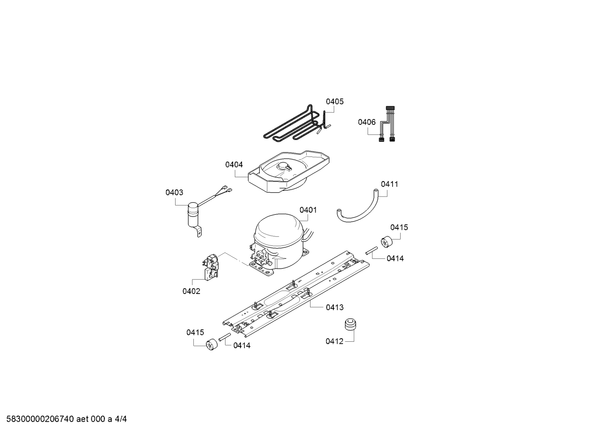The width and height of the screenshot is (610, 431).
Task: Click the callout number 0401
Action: [x=308, y=210]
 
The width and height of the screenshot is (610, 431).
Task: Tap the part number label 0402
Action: [x=191, y=291]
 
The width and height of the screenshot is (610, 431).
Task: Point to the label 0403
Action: [x=174, y=192]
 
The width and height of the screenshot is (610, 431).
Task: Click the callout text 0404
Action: [x=234, y=165]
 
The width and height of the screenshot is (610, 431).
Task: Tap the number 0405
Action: [x=335, y=102]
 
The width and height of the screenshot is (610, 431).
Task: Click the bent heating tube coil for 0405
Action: [x=292, y=125]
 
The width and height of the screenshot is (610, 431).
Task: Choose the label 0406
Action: [x=366, y=122]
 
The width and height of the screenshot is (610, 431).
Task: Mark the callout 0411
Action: [x=389, y=184]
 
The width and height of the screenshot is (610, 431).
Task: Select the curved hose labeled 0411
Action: [x=360, y=211]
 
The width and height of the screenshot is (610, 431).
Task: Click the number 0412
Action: [x=334, y=341]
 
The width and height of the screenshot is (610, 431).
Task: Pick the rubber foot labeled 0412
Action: [x=350, y=325]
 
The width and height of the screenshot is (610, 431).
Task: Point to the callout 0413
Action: [x=335, y=307]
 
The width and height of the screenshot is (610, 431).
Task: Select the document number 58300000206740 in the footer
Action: [x=41, y=419]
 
